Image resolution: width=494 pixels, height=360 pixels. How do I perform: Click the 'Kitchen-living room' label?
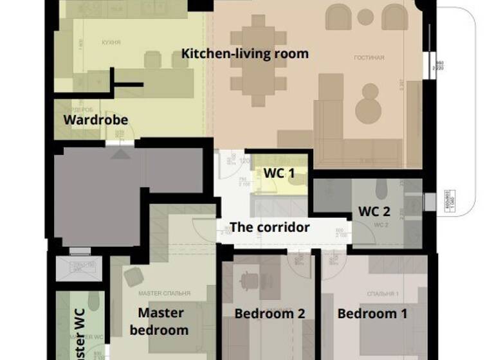[x=244, y=53]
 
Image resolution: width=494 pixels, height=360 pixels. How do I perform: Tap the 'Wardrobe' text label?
[x=95, y=120]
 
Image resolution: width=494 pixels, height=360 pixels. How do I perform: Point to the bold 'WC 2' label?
[x=374, y=212]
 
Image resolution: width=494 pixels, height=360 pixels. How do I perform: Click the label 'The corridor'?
[x=270, y=228]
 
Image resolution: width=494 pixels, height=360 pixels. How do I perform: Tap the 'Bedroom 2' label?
[x=270, y=314]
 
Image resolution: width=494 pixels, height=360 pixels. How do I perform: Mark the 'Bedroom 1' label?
[x=372, y=314]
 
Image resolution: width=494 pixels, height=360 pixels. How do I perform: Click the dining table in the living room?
[x=258, y=61]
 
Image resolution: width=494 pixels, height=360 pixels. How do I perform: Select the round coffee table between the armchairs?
[x=365, y=17]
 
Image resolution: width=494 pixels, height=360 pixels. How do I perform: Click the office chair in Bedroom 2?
[x=250, y=280]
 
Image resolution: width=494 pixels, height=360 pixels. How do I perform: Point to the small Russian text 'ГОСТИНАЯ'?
[x=369, y=58]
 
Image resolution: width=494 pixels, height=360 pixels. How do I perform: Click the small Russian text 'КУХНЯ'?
[x=111, y=42]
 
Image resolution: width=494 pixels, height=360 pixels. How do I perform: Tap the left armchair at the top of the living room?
[x=338, y=17]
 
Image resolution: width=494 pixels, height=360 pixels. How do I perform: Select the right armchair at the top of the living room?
[x=394, y=17]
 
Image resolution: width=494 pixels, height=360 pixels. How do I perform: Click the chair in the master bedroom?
[x=134, y=277]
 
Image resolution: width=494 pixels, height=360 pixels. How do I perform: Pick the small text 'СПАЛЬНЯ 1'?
[x=383, y=294]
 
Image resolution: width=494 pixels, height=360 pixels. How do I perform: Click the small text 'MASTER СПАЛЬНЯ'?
[x=165, y=293]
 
